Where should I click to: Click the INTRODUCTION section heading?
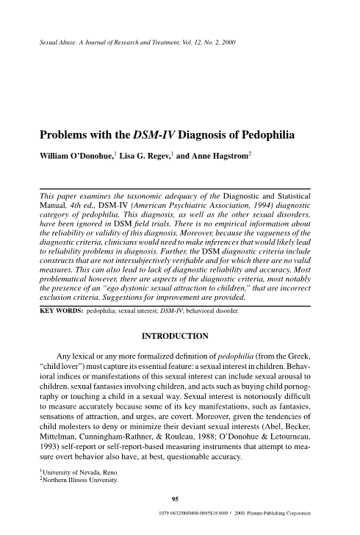(x=179, y=337)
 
